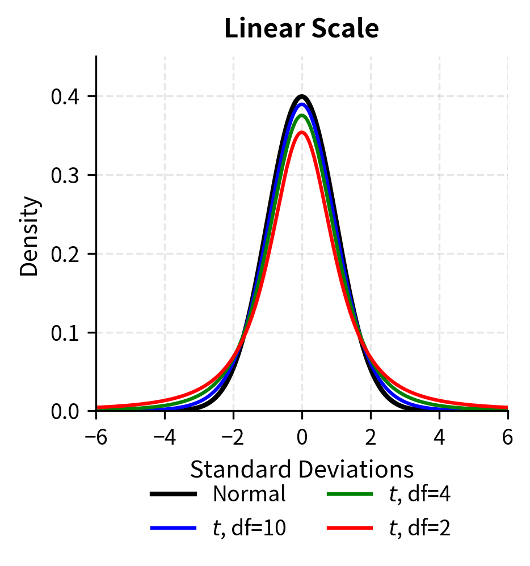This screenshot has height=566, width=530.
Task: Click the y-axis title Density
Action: click(x=30, y=236)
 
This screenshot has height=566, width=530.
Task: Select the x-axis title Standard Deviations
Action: click(x=301, y=470)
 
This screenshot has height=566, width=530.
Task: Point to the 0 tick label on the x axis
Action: click(x=302, y=438)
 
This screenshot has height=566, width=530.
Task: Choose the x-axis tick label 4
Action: click(x=439, y=438)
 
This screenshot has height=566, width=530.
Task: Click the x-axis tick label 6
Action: click(x=507, y=438)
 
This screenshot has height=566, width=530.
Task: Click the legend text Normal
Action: click(x=249, y=495)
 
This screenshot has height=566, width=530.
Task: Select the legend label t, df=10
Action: click(x=249, y=529)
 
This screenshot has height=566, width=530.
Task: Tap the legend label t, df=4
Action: click(x=420, y=495)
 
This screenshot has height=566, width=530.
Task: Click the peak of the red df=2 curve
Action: click(x=302, y=132)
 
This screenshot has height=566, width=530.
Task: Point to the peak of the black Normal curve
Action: click(x=302, y=96)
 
